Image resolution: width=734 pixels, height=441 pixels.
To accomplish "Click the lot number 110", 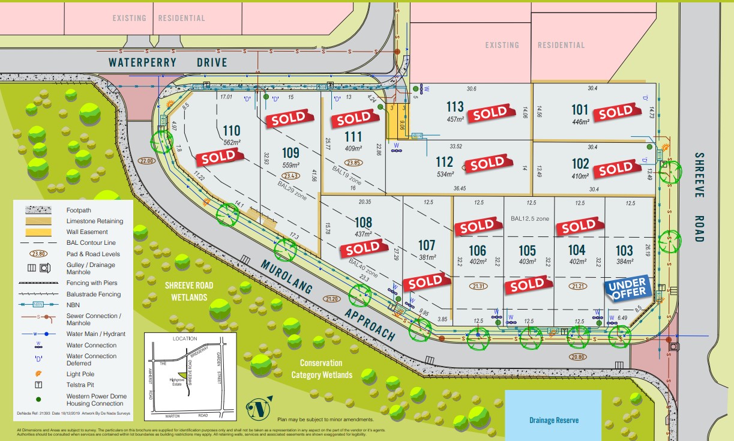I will pyautogui.click(x=231, y=130).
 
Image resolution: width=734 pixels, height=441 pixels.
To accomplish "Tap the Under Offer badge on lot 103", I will pyautogui.click(x=628, y=288).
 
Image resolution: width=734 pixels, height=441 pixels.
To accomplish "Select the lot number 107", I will pyautogui.click(x=426, y=245).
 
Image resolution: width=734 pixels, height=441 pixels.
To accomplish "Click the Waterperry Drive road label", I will pyautogui.click(x=168, y=62).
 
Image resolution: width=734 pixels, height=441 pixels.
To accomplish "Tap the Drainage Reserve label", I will pyautogui.click(x=553, y=420).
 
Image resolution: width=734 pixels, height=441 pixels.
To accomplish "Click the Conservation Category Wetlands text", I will pyautogui.click(x=322, y=369).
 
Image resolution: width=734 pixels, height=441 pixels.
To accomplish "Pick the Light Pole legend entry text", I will pyautogui.click(x=80, y=374).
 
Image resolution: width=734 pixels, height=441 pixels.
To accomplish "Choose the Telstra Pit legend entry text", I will pyautogui.click(x=83, y=385).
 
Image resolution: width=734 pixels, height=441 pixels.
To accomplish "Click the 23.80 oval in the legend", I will pyautogui.click(x=39, y=253).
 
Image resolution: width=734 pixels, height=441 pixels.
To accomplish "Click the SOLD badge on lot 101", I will pyautogui.click(x=616, y=112).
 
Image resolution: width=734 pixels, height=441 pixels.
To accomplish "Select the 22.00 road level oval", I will pyautogui.click(x=147, y=161).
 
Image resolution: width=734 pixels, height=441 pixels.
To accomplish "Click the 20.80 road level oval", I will pyautogui.click(x=579, y=357).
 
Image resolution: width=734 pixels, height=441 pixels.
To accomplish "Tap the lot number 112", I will pyautogui.click(x=445, y=161).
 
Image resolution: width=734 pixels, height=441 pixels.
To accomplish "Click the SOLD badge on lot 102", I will pyautogui.click(x=616, y=169).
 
